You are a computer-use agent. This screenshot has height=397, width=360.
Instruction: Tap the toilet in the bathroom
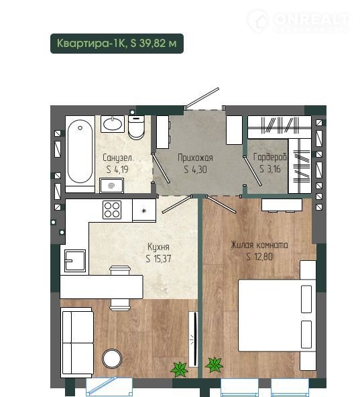pos(136,127)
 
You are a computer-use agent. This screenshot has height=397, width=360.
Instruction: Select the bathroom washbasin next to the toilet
pos(113,124)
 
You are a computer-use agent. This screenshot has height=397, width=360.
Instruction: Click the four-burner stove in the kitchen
pos(112,210)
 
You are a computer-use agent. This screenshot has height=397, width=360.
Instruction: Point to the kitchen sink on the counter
pos(75,261)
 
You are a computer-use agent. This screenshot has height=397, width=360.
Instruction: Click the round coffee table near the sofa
pos(112,359)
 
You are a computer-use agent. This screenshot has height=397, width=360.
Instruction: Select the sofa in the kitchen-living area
pos(77,343)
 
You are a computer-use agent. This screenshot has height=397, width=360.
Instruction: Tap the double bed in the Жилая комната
pos(278,315)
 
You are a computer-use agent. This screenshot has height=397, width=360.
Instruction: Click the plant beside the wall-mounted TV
pos(180,369)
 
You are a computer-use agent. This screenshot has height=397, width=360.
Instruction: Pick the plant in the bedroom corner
pos(215,365)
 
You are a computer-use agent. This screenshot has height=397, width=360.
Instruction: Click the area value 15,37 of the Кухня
pos(162,259)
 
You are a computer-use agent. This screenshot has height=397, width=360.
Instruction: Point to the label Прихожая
pos(195,158)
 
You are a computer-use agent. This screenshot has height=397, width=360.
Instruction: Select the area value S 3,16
pos(270,169)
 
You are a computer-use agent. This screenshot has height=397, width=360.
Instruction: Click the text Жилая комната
pos(259,245)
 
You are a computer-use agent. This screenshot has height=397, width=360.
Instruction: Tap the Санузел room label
pos(117,158)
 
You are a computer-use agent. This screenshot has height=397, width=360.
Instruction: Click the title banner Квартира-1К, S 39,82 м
pos(117,44)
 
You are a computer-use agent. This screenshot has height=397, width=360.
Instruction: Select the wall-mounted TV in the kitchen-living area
pos(194,339)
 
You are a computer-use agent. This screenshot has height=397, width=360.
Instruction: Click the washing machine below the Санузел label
pos(112,185)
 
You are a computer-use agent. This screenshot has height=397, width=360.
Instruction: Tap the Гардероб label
pos(270,157)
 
